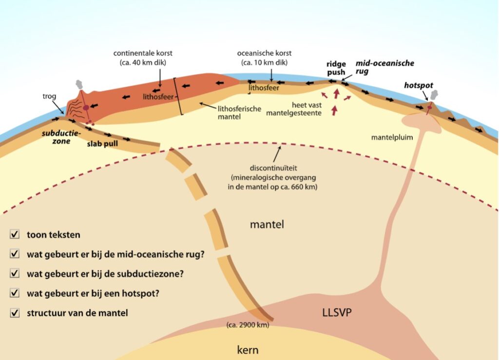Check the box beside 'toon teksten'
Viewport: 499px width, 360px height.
15,235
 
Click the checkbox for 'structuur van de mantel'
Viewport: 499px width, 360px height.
15,313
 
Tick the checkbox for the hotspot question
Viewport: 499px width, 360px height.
15,293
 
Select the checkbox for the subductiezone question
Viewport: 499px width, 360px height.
15,274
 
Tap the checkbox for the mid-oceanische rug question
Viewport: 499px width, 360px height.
15,254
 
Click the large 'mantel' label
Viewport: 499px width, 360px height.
267,225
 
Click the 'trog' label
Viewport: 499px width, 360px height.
48,97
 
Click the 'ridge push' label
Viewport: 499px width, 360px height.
336,68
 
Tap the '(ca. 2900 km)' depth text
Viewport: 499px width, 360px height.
248,324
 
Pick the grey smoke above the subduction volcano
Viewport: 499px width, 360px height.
78,86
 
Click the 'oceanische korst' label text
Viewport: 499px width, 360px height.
264,53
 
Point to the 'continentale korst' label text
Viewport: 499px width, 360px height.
143,53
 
